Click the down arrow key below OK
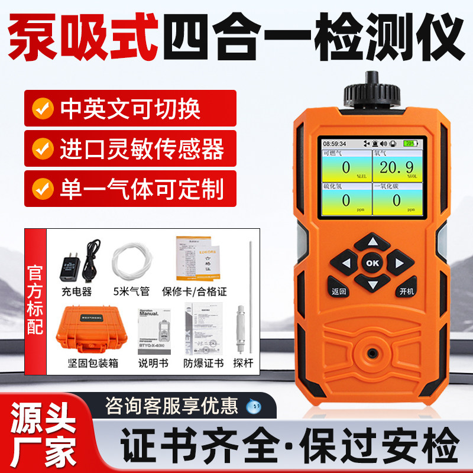point(372,284)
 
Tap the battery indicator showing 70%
point(409,144)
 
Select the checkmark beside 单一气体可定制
point(41,190)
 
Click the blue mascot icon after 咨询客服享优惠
point(252,406)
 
